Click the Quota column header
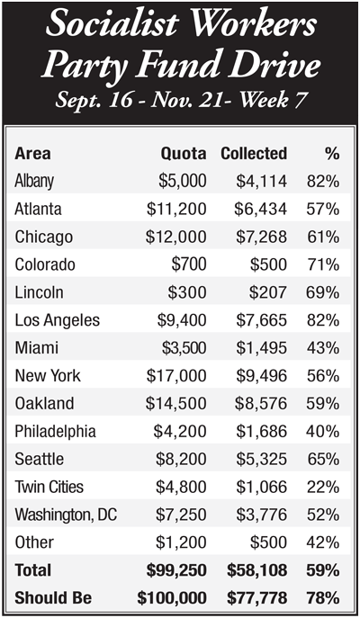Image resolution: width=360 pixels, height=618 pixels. tap(184, 154)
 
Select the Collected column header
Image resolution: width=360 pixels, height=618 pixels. tap(254, 154)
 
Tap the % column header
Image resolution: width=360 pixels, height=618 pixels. tap(332, 154)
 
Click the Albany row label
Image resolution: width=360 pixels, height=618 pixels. tap(34, 182)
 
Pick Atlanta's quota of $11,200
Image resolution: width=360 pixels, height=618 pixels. tap(176, 209)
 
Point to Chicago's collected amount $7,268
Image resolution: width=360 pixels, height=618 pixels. tap(261, 237)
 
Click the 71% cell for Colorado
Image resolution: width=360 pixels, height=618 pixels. tap(323, 264)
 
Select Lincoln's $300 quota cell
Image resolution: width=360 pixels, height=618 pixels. tap(187, 292)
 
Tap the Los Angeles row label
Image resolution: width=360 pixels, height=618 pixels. tap(58, 320)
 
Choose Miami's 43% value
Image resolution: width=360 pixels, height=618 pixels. tap(323, 348)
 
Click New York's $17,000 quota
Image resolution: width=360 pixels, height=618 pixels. tap(176, 376)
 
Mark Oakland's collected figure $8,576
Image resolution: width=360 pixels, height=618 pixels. tap(261, 404)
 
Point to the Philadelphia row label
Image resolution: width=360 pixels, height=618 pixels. tap(55, 432)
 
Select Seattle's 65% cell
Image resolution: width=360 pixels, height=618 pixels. tap(323, 460)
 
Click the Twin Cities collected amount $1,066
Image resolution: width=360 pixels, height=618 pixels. tap(261, 488)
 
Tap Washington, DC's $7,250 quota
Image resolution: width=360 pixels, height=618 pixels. tap(181, 515)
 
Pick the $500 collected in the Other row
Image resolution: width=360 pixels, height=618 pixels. tap(268, 542)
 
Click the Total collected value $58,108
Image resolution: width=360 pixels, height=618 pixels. tap(256, 570)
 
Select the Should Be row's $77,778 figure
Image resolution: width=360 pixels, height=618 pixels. tap(256, 598)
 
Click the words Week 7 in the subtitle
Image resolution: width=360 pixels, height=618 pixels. tap(273, 100)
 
